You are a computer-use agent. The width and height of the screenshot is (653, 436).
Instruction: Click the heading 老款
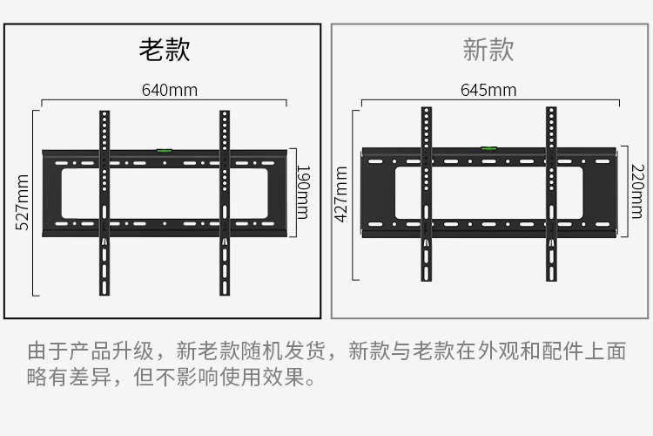[165, 50]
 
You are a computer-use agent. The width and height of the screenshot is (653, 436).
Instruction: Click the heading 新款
[488, 50]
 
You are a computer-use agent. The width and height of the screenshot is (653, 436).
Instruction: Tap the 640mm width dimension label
[170, 90]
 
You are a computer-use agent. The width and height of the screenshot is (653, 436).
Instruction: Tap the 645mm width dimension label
[488, 90]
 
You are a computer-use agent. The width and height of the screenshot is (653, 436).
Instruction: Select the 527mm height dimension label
[22, 202]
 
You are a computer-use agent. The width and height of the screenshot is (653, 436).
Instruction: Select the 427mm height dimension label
[341, 194]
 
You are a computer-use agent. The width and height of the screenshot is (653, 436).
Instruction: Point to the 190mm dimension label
[303, 193]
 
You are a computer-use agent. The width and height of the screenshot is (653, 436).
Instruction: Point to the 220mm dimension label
[637, 192]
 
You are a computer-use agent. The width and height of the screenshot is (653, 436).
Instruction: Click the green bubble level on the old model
[164, 150]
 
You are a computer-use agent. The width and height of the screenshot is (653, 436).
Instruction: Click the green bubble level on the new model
[489, 147]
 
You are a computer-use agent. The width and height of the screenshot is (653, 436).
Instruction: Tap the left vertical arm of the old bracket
[104, 203]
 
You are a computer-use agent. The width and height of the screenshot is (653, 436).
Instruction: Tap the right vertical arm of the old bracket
[225, 203]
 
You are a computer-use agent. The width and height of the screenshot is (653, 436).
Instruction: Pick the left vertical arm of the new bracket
[427, 194]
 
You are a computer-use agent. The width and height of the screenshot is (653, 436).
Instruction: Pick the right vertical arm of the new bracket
[551, 194]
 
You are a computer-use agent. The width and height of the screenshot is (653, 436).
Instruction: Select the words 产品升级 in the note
[111, 351]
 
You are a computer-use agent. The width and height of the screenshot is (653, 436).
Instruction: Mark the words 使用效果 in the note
[262, 377]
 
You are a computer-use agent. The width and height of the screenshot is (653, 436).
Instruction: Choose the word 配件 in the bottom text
[562, 351]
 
